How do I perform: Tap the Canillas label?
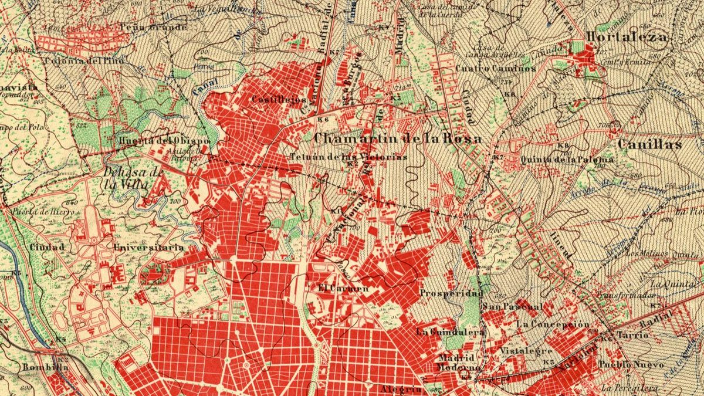[649, 144]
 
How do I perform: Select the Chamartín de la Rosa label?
[398, 139]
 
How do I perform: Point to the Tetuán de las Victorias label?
[348, 157]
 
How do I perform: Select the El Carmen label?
[343, 289]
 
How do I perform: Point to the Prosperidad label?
[452, 293]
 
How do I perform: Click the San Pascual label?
[513, 307]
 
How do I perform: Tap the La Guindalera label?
[451, 332]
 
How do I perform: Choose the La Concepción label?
[553, 324]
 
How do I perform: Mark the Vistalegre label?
[526, 351]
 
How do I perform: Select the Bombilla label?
[45, 367]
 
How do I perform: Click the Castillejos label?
[279, 100]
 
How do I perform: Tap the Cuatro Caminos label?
[496, 68]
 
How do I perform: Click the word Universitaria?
[149, 248]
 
